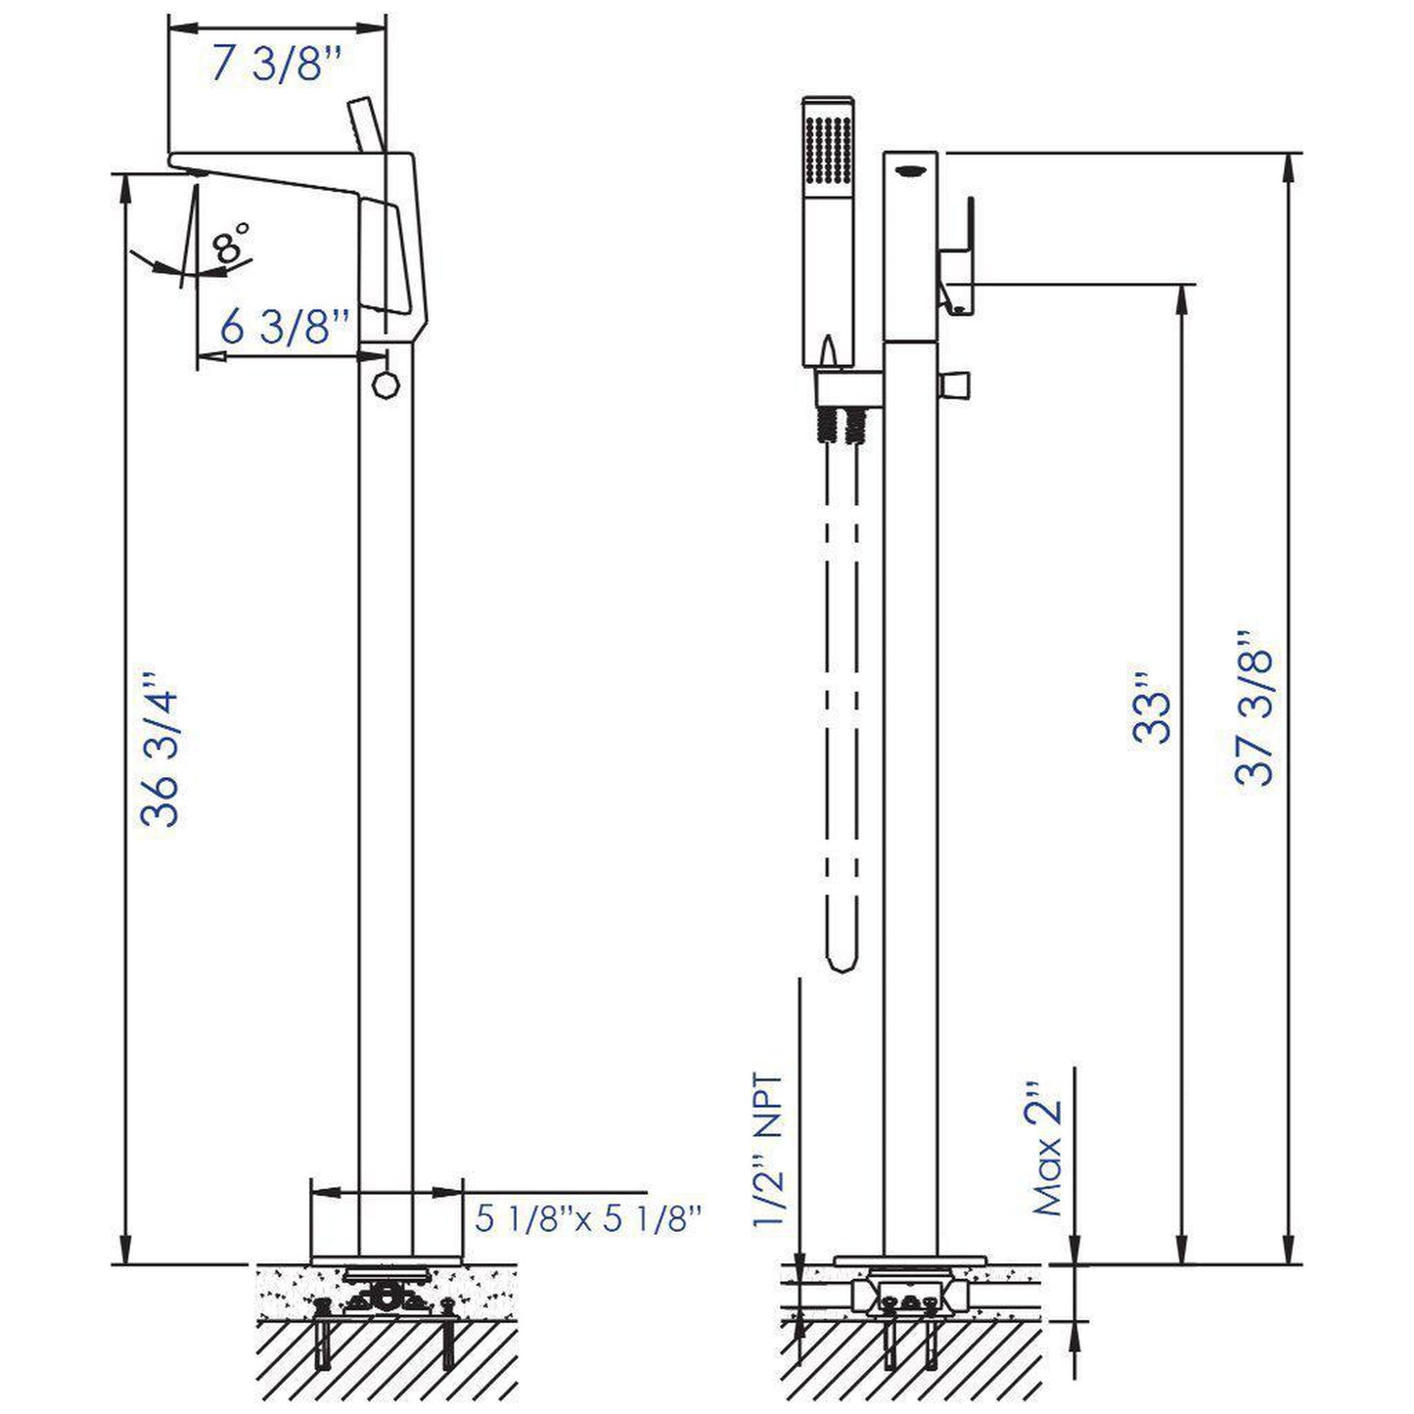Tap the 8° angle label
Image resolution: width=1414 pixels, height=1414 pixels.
coord(233,242)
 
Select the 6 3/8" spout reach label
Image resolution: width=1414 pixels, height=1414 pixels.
coord(284,327)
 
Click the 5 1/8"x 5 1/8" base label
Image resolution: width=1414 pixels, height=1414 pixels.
coord(589,1218)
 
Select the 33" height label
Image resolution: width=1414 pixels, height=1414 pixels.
coord(1154,707)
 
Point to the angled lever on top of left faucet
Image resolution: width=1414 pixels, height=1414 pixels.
coord(367,123)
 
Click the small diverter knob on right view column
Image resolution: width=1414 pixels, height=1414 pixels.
coord(955,384)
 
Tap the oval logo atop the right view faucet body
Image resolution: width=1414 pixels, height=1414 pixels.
coord(911,168)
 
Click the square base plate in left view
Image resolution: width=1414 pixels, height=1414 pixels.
coord(386,1221)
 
